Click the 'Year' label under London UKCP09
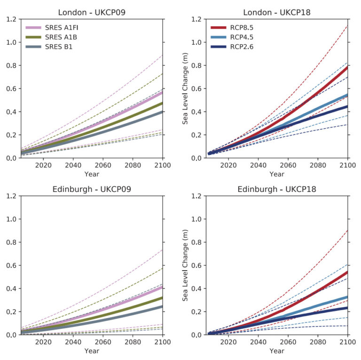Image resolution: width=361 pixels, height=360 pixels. [x=92, y=174]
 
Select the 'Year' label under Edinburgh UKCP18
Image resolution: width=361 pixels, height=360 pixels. [x=277, y=351]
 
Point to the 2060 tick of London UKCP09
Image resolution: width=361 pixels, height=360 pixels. [x=103, y=166]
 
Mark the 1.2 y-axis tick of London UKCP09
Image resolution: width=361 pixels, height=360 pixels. [x=11, y=19]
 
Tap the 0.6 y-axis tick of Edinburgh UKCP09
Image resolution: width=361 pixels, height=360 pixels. [x=11, y=265]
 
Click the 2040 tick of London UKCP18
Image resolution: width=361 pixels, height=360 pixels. [x=258, y=166]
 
